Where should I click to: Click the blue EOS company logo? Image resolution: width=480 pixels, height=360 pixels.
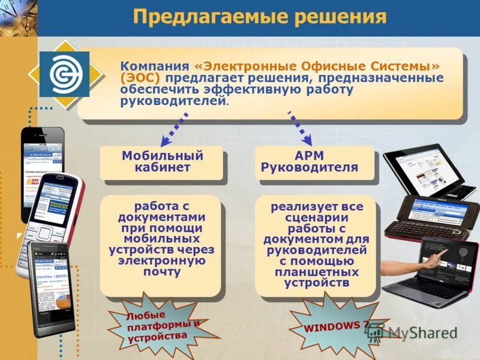(64, 74)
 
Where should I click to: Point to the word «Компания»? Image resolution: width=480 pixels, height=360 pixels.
(154, 65)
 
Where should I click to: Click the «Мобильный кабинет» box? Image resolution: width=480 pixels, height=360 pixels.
(162, 162)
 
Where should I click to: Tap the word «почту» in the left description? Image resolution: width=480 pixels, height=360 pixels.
(162, 271)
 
